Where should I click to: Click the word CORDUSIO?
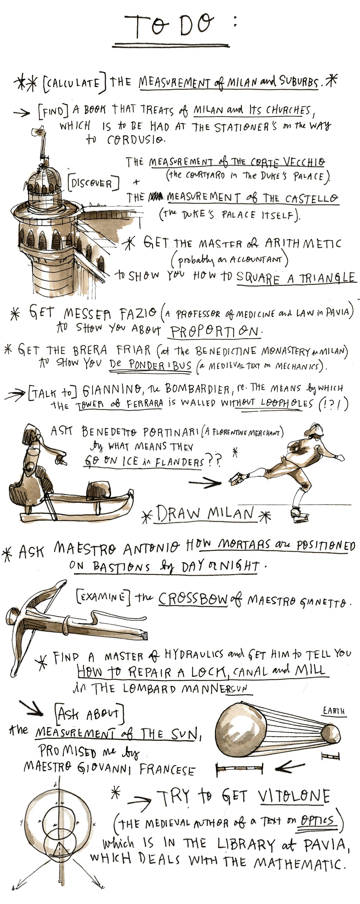tap(135, 140)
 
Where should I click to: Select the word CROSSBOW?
tap(193, 599)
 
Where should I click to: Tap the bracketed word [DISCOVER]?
tap(94, 183)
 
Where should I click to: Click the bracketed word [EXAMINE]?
tap(103, 596)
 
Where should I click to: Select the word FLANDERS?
tap(179, 462)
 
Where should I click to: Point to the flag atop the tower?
tap(38, 132)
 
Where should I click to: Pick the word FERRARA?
tap(144, 404)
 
